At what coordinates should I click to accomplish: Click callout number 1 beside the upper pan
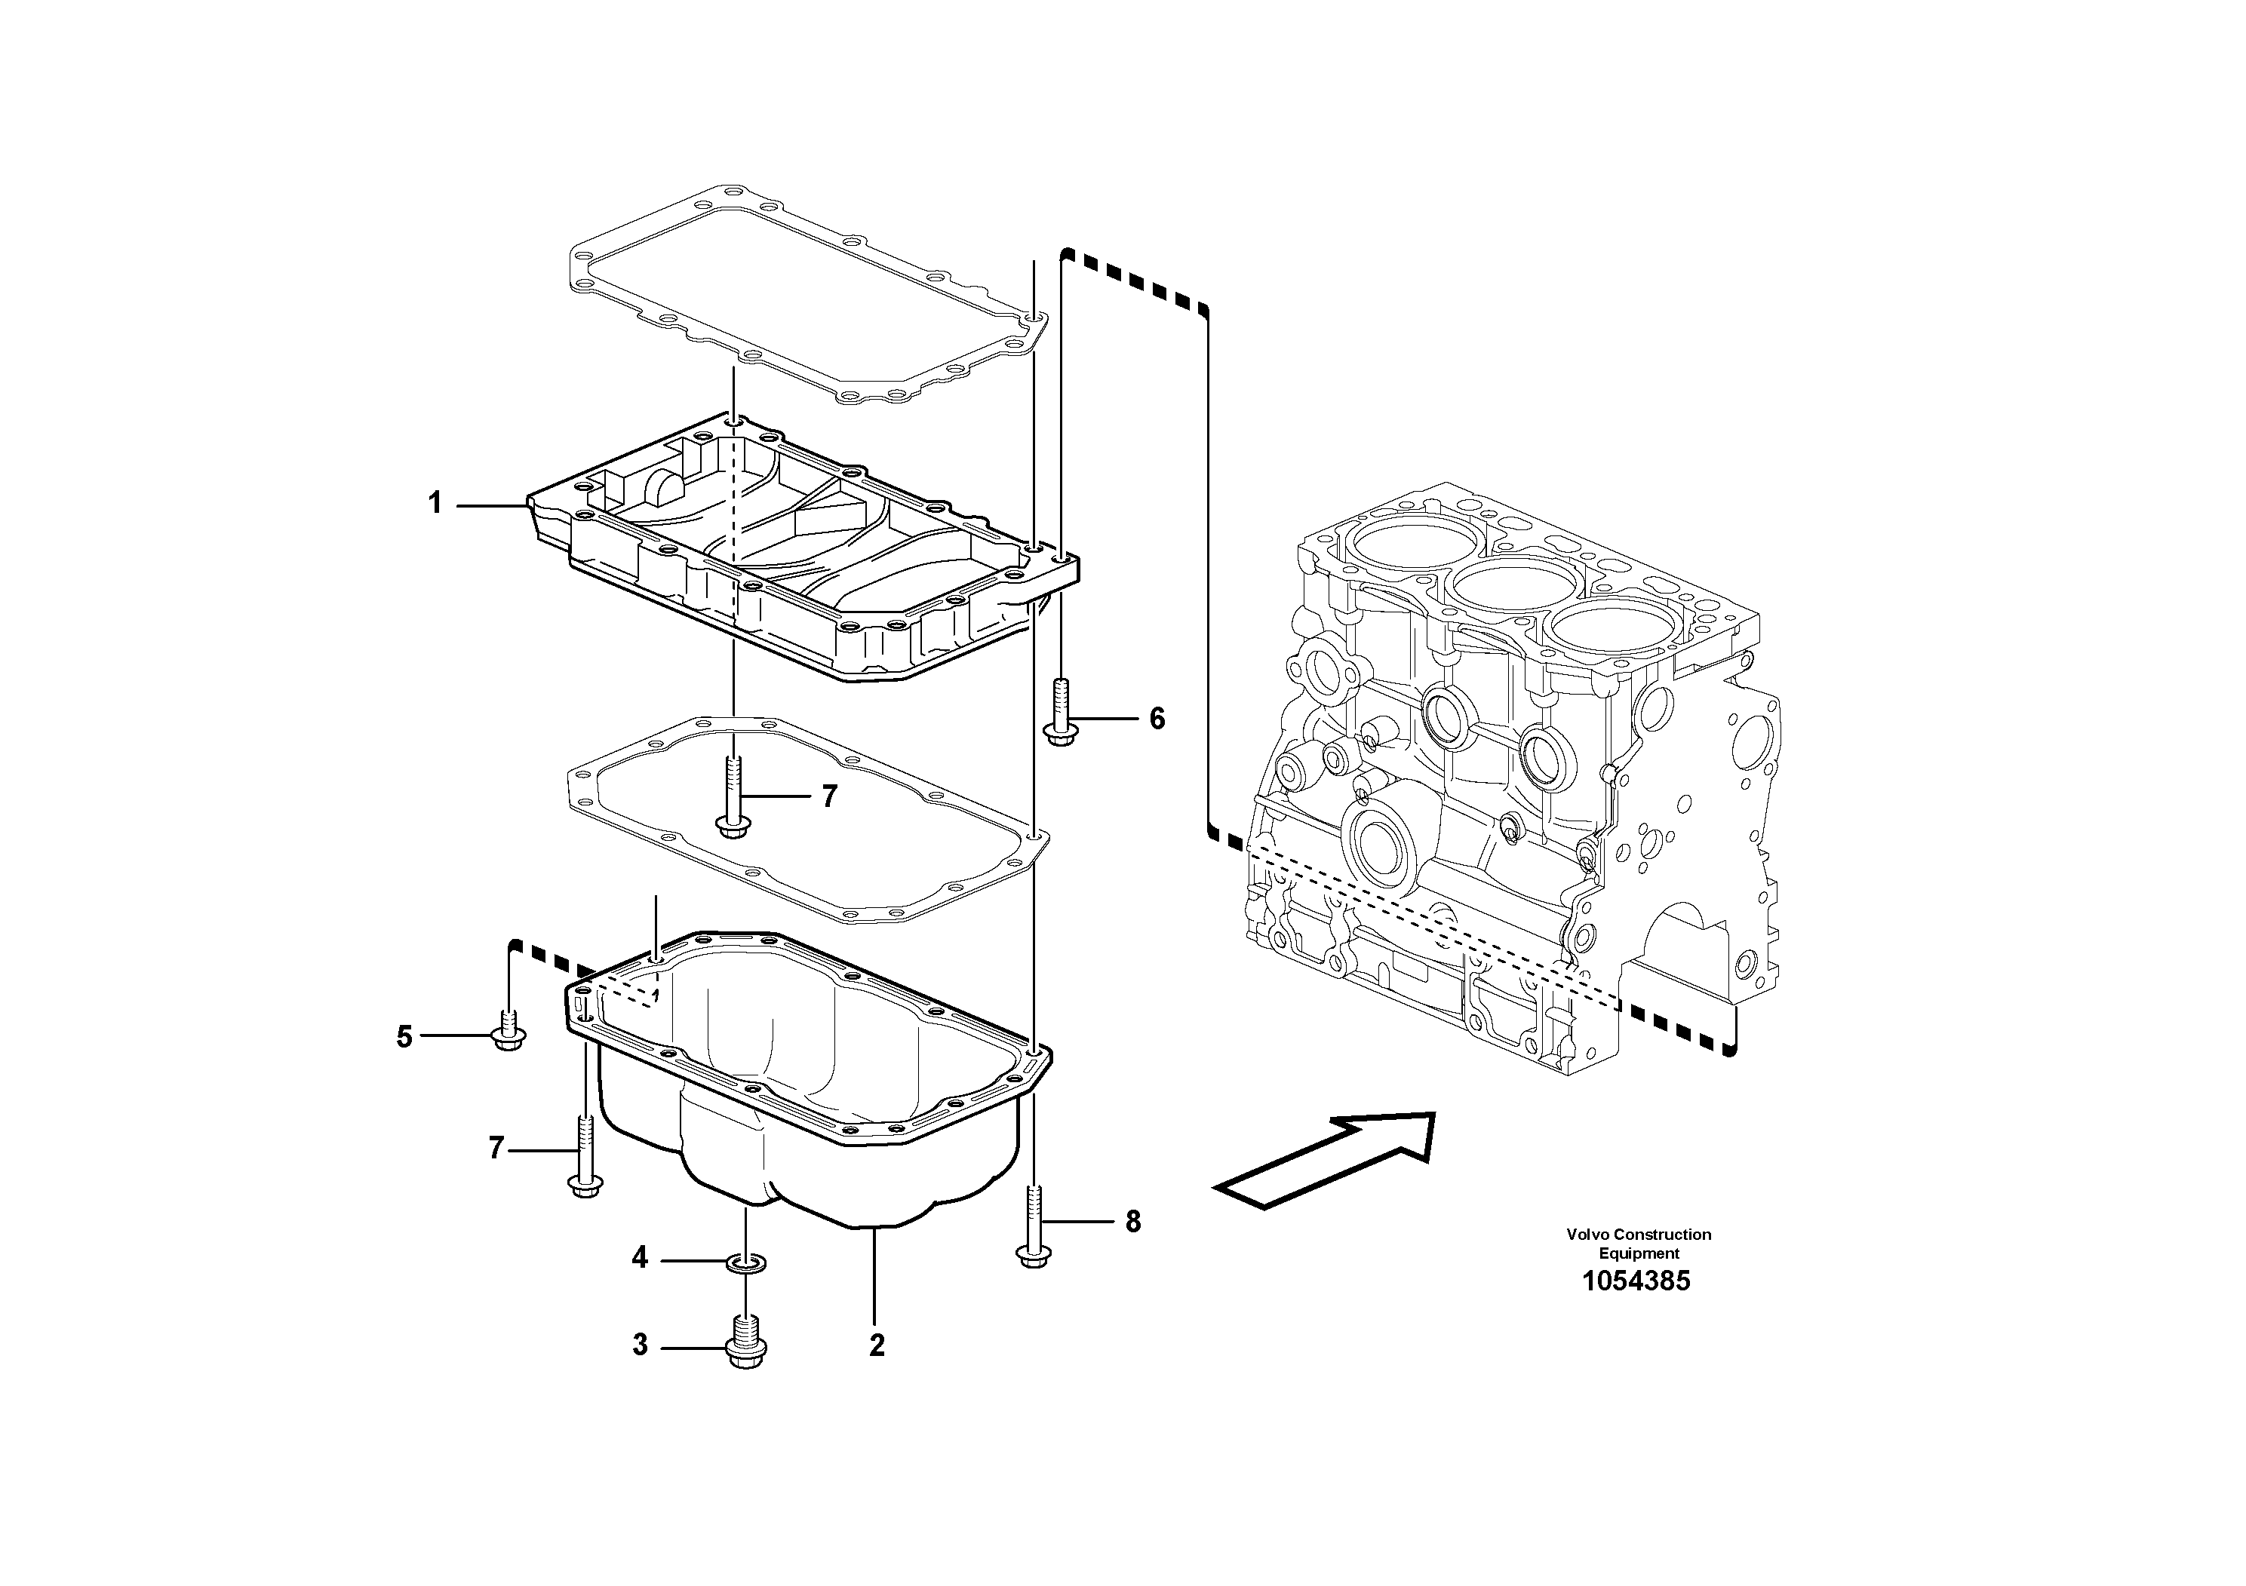pos(435,504)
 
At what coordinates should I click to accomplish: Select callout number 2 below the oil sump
pos(877,1345)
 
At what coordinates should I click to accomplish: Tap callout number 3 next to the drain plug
pos(640,1345)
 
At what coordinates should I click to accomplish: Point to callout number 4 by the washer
pos(640,1257)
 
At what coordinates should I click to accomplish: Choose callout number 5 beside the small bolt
pos(404,1036)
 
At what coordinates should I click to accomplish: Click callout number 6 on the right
pos(1157,719)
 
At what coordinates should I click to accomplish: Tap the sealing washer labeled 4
pos(746,1264)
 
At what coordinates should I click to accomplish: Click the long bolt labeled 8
pos(1033,1227)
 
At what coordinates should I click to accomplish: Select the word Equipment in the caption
pos(1639,1253)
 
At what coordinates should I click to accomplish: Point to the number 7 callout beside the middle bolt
pos(830,797)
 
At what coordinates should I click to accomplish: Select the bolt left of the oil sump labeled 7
pos(584,1158)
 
